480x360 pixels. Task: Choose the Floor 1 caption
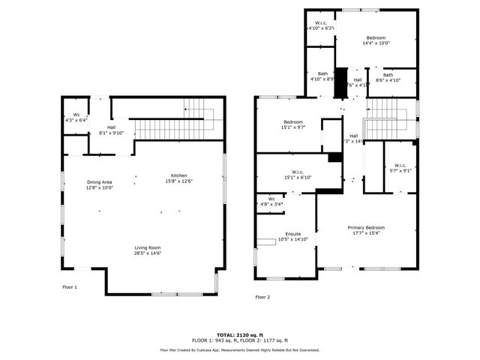coord(70,286)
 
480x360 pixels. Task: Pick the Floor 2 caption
coord(262,297)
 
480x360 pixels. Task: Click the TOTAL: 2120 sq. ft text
coord(239,334)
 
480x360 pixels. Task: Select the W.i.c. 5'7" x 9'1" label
coord(399,168)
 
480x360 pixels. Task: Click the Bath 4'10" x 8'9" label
coord(322,76)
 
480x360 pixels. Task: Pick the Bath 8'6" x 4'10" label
coord(388,77)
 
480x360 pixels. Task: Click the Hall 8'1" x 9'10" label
coord(111,130)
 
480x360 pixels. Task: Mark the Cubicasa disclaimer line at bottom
coord(239,350)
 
